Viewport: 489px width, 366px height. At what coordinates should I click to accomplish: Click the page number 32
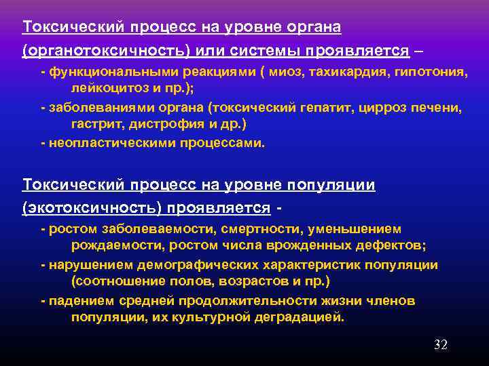coord(441,345)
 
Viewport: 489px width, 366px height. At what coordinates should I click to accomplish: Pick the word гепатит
coord(328,108)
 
